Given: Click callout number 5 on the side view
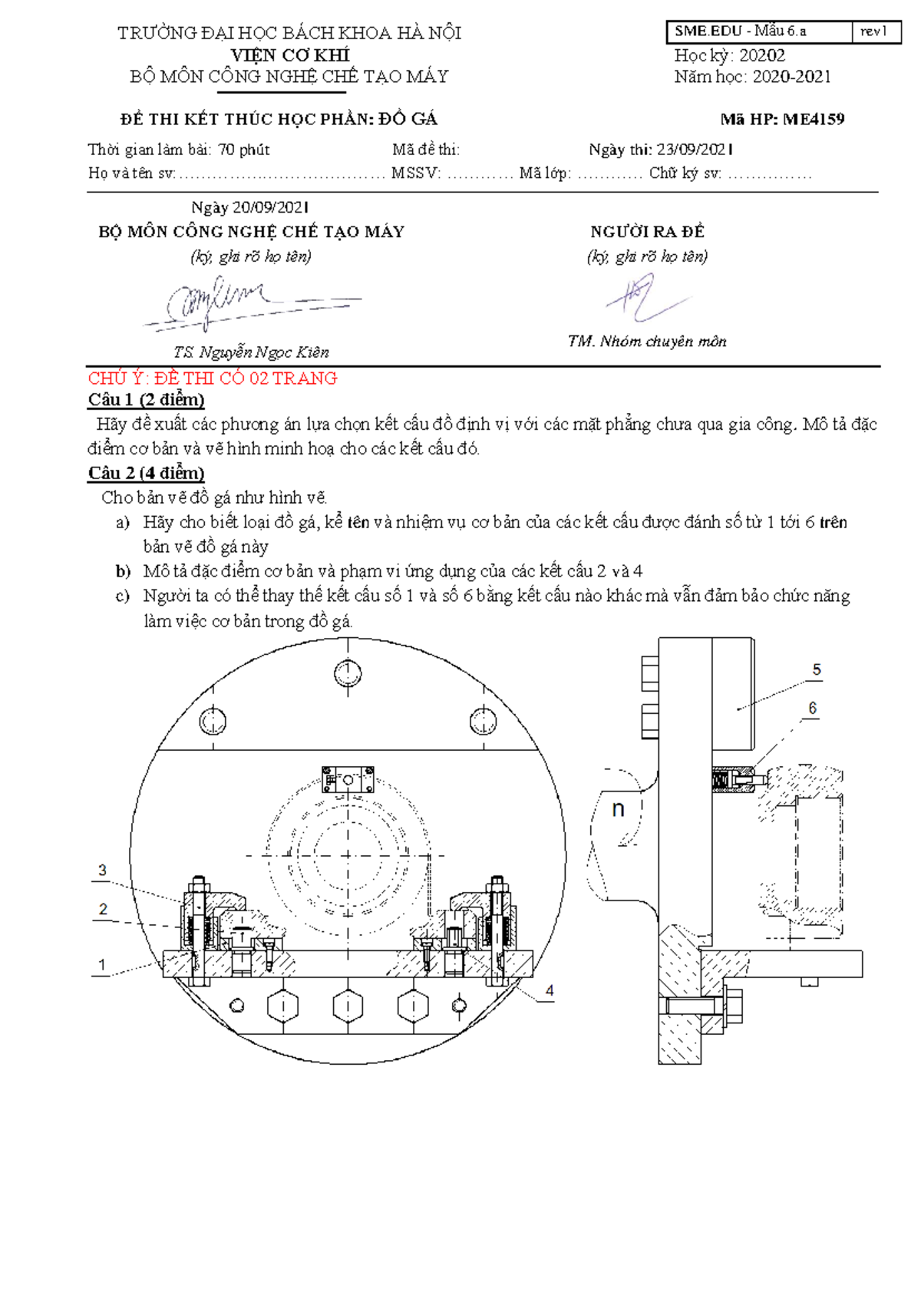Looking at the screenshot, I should (x=817, y=670).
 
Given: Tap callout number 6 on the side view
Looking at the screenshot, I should (x=813, y=709).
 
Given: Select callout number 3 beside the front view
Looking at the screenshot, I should (x=102, y=871).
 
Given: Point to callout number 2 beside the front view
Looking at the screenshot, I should (x=103, y=910).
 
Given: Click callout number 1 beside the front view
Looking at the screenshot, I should (x=101, y=965).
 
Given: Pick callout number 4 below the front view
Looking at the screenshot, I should (x=550, y=991).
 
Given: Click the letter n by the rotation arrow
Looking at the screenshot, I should (x=618, y=808).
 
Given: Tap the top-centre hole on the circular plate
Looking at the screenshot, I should (x=348, y=673).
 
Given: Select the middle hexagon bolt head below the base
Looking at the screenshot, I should (x=348, y=1005).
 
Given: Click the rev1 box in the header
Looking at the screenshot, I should (x=874, y=31).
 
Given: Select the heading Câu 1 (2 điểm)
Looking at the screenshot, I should (x=146, y=399).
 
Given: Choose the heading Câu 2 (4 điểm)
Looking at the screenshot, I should (x=146, y=473).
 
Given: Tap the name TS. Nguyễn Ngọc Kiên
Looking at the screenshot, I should (x=251, y=352).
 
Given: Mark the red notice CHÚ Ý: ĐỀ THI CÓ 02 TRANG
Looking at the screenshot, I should (x=213, y=378).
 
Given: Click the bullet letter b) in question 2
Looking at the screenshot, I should (x=123, y=571).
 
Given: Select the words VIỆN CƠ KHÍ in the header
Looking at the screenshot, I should (x=290, y=55).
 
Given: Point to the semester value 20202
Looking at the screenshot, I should (x=761, y=55).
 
